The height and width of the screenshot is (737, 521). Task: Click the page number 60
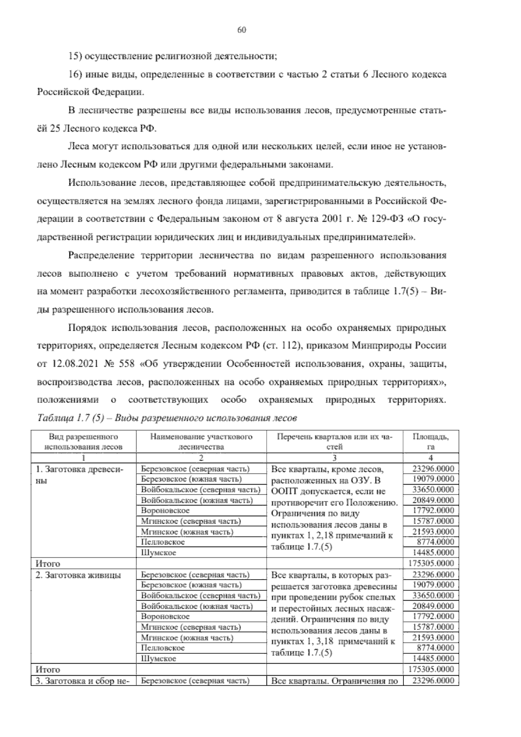(x=242, y=30)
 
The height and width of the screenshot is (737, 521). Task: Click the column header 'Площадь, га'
(x=431, y=442)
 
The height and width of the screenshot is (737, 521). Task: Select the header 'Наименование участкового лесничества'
(x=201, y=442)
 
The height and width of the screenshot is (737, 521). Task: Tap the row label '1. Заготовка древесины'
(x=80, y=475)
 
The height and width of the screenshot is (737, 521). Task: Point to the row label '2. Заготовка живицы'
(x=78, y=575)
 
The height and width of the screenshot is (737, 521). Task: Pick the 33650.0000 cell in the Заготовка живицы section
(x=433, y=596)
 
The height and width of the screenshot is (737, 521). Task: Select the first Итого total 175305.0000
(x=432, y=564)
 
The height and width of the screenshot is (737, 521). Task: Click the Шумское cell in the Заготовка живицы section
(x=158, y=659)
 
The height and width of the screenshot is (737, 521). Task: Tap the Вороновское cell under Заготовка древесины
(x=165, y=511)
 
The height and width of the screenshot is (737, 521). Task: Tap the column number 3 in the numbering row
(x=334, y=458)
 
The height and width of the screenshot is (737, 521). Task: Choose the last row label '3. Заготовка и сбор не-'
(x=83, y=681)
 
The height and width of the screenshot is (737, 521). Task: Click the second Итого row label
(x=48, y=670)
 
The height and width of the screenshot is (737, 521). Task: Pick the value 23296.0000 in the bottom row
(x=433, y=681)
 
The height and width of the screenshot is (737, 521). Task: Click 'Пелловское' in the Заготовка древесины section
(x=163, y=542)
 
